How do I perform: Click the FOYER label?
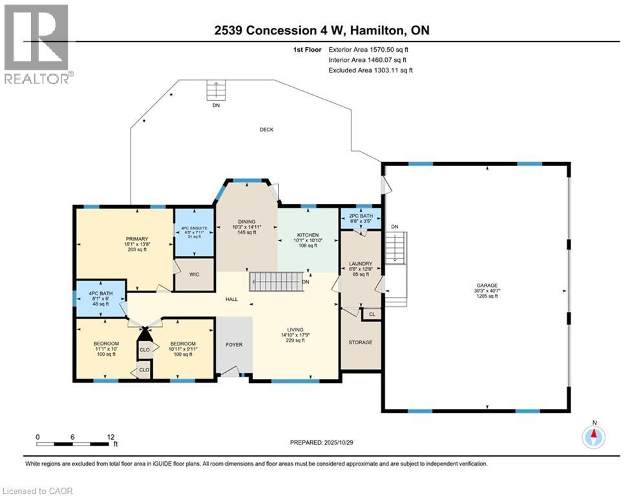234,345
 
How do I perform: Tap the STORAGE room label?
360,342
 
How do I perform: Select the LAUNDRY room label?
360,263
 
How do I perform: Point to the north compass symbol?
593,436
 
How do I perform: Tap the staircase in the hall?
276,282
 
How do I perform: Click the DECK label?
266,130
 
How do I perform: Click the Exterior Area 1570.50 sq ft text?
367,49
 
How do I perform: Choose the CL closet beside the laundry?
372,315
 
